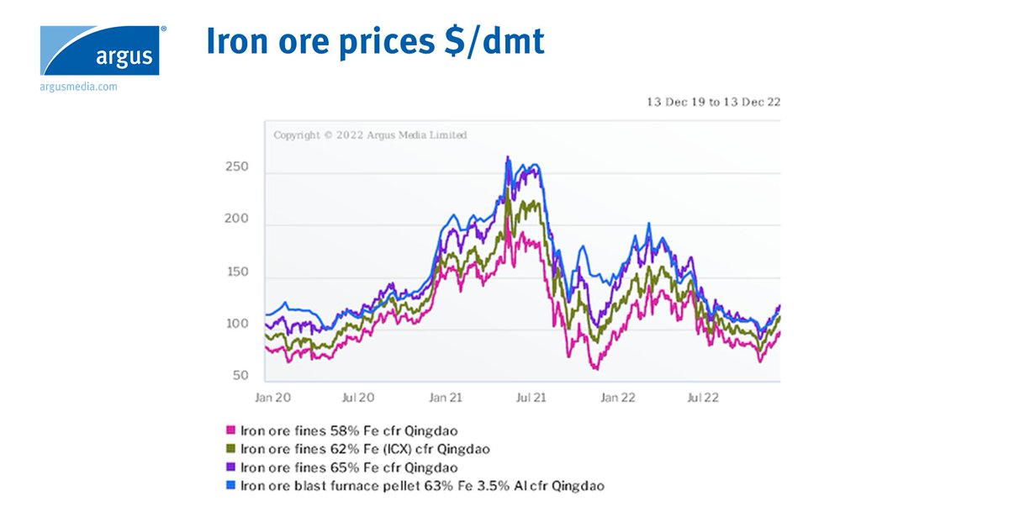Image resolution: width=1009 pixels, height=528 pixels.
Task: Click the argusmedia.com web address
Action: pyautogui.click(x=78, y=87)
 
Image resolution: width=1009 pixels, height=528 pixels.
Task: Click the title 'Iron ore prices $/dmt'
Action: pyautogui.click(x=375, y=42)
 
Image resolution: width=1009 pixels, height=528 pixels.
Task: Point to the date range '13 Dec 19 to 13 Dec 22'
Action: pyautogui.click(x=714, y=102)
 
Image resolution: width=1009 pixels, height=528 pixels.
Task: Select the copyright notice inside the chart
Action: pyautogui.click(x=370, y=135)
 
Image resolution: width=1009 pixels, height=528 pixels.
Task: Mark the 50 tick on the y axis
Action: pyautogui.click(x=240, y=376)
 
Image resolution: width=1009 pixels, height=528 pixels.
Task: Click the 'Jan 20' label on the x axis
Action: pyautogui.click(x=272, y=397)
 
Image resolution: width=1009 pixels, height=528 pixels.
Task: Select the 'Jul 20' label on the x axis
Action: pyautogui.click(x=359, y=397)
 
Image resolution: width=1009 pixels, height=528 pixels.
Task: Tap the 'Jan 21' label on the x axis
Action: pyautogui.click(x=446, y=397)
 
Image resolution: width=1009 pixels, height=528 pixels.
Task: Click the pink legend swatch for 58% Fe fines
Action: pyautogui.click(x=232, y=430)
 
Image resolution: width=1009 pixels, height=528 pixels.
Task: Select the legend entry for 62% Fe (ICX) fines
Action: pyautogui.click(x=365, y=449)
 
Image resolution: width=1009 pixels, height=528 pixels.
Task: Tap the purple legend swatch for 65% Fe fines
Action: pyautogui.click(x=232, y=467)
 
